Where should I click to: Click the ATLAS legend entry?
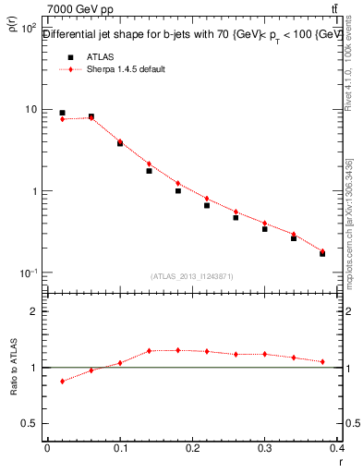(x=96, y=57)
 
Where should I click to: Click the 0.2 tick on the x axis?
(x=192, y=447)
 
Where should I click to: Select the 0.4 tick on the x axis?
(x=336, y=447)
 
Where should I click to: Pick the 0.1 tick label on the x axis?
(x=120, y=447)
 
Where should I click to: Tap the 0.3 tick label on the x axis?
(x=264, y=447)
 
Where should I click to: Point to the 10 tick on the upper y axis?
(x=30, y=110)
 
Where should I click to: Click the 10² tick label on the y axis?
(x=28, y=28)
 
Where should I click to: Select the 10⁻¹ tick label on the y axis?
(x=27, y=273)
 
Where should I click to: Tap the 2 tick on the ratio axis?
(x=33, y=311)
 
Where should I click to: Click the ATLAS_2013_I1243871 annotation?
(x=191, y=277)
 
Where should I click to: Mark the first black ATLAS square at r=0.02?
(x=62, y=113)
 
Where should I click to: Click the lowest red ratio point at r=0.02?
(x=62, y=381)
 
